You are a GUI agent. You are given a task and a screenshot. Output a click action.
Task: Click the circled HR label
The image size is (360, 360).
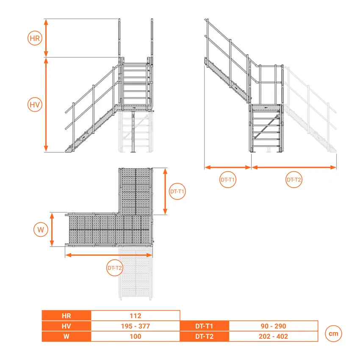35,38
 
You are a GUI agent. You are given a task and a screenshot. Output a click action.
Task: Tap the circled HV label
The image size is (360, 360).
35,105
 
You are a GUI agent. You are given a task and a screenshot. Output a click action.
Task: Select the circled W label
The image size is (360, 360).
41,230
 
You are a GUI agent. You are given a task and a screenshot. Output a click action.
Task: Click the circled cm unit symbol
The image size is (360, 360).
333,333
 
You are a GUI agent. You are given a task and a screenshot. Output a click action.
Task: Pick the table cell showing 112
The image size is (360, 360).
136,316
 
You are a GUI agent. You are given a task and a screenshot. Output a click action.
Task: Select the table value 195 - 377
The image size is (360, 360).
136,326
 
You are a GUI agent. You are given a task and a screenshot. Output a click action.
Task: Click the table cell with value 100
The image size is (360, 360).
136,336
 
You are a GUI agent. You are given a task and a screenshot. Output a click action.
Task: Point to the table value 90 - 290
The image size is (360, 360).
274,326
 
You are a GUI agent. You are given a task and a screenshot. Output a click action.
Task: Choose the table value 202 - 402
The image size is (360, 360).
274,336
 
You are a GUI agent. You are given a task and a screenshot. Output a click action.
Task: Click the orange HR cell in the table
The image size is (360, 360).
66,316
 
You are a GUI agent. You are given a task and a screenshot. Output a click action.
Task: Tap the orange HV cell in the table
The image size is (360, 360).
66,326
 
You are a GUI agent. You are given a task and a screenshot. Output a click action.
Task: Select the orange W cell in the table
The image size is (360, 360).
66,336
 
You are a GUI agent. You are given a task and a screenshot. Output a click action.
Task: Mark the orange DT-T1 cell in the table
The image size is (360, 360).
204,326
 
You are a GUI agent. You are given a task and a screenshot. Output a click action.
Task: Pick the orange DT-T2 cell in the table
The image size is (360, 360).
204,336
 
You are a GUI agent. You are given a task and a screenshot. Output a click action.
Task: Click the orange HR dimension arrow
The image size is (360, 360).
46,38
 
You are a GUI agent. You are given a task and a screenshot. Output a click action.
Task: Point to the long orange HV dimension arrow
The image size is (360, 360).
46,105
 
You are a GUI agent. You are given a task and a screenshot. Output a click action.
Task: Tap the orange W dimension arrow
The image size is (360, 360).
52,230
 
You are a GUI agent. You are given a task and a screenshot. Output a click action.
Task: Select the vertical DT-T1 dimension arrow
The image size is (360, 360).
165,191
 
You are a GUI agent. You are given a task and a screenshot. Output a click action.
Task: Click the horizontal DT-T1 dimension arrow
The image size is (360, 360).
227,167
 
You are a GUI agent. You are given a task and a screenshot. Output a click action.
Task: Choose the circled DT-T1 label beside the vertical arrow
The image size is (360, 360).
177,191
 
